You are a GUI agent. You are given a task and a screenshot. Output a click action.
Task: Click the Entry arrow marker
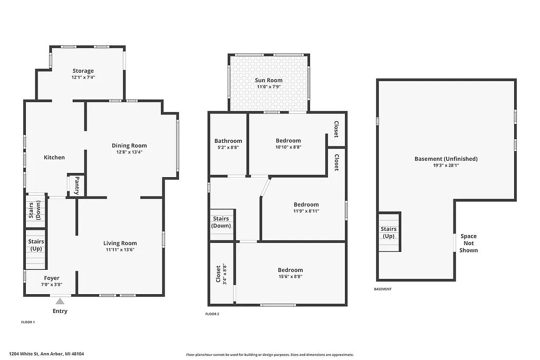(x=60, y=301)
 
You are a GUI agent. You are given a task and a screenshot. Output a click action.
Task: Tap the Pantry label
(x=77, y=185)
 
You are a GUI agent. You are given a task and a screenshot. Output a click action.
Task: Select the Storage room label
(x=83, y=71)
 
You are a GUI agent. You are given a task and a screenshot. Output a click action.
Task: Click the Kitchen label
(x=54, y=157)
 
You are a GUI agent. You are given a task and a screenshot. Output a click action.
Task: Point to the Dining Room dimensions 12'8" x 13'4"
(x=129, y=152)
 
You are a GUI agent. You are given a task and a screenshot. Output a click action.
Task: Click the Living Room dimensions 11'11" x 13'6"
(x=120, y=250)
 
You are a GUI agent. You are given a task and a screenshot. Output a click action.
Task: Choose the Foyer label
(x=52, y=278)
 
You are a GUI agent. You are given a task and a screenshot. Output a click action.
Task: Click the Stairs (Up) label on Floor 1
(x=36, y=245)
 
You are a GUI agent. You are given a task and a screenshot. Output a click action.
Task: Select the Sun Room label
(x=269, y=80)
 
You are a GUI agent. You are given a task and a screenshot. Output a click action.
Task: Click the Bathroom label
(x=228, y=141)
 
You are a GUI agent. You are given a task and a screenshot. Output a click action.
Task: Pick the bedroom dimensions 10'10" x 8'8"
(x=288, y=148)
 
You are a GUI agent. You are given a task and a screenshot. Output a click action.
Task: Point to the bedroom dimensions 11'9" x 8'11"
(x=306, y=211)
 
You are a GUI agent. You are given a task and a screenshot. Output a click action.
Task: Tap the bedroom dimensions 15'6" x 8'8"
(x=290, y=277)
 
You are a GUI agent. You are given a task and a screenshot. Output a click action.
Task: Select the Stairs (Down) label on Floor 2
(x=221, y=222)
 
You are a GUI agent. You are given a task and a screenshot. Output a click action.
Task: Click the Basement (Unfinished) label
(x=446, y=159)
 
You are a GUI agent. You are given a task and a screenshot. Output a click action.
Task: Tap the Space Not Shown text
(x=468, y=243)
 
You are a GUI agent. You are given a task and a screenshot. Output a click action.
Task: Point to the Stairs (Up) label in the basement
(x=389, y=232)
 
